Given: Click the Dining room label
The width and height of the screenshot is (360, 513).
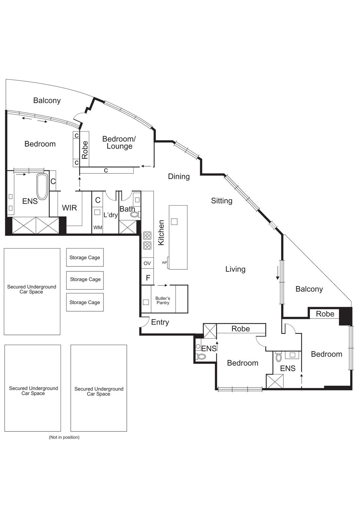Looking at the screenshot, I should (x=179, y=176).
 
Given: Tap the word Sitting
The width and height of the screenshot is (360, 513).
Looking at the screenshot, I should (x=221, y=201).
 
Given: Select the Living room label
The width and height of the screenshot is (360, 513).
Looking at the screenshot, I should (x=235, y=269).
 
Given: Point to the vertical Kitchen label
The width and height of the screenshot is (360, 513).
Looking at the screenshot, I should (x=161, y=232).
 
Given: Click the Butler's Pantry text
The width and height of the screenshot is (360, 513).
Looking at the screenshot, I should (x=163, y=301).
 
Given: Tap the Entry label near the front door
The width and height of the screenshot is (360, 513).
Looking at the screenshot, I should (x=160, y=322).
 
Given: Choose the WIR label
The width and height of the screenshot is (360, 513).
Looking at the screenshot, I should (x=69, y=208).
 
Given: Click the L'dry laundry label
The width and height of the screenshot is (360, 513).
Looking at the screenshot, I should (x=110, y=215).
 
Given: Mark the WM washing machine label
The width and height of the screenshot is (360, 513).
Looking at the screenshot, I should (x=98, y=228).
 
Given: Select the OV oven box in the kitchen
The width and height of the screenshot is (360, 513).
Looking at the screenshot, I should (x=147, y=263).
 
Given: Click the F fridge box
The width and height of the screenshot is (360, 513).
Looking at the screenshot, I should (x=148, y=278).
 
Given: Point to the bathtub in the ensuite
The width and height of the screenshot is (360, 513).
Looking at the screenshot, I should (x=42, y=187).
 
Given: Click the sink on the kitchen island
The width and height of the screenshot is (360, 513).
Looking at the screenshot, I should (x=174, y=222).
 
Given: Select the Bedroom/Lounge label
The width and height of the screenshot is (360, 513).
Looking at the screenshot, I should (x=119, y=142).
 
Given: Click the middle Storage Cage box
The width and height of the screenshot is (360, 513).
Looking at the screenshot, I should (x=85, y=280).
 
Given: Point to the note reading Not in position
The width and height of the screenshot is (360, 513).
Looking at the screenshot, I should (x=64, y=437).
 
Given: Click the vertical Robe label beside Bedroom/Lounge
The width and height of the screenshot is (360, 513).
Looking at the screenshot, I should (x=85, y=150).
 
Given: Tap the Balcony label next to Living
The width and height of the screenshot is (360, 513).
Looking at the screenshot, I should (x=309, y=289).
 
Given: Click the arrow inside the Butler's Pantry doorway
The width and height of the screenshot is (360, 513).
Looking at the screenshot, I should (x=162, y=285).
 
